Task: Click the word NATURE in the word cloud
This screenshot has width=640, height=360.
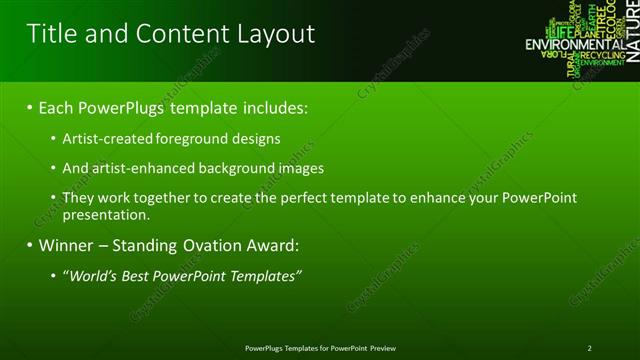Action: click(x=632, y=29)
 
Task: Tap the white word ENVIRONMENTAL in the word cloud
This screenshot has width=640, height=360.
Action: click(x=574, y=45)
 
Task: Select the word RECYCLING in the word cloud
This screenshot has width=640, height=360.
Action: click(x=602, y=55)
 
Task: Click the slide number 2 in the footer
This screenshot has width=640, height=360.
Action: click(x=590, y=348)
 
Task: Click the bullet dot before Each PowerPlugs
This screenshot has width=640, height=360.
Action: click(x=30, y=107)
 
